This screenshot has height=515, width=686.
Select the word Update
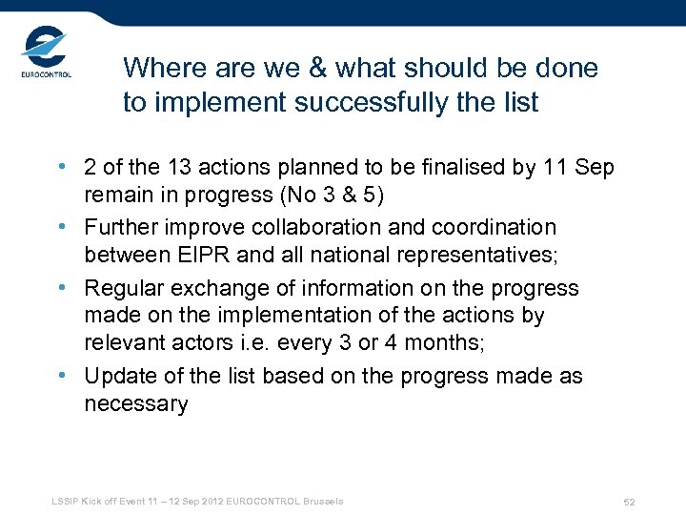(x=118, y=376)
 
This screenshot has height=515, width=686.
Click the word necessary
(x=136, y=404)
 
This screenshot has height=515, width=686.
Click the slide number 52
(x=629, y=502)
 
